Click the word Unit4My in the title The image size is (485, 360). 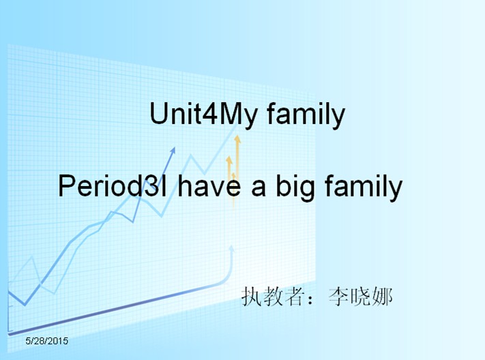click(203, 115)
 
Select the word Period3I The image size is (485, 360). click(112, 186)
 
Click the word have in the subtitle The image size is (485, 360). click(209, 185)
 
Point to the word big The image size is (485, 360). click(295, 187)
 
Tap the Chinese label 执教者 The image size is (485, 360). click(271, 297)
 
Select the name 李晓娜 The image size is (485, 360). click(360, 297)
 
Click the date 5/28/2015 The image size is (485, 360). click(46, 341)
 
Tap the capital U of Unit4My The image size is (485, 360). click(158, 114)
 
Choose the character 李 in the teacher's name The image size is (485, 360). click(339, 297)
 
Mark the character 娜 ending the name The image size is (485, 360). click(382, 297)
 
